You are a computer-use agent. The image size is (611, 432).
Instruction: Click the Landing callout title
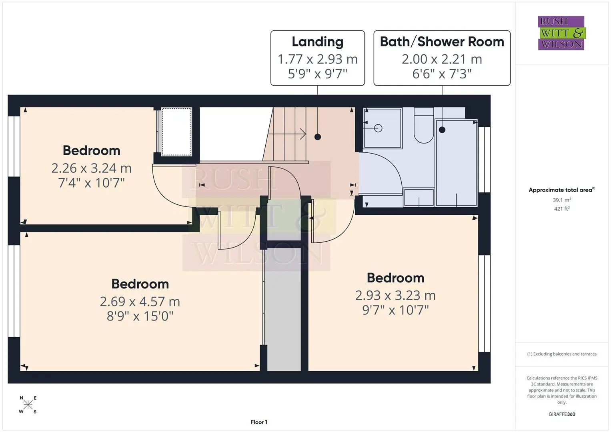317,42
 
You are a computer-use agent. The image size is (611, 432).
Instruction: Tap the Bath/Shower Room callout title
442,42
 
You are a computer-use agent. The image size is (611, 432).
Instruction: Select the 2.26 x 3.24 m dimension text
91,168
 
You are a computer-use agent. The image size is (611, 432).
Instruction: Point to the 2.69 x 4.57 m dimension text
140,301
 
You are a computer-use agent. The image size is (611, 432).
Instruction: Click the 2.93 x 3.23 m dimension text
395,295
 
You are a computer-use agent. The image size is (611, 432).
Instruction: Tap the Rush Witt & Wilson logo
561,33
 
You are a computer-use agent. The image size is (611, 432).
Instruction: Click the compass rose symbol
28,404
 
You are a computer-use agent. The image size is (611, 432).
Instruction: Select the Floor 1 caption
259,422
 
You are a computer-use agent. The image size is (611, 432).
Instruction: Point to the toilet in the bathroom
424,125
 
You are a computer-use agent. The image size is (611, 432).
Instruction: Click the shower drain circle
378,128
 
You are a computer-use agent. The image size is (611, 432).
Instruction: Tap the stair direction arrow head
303,134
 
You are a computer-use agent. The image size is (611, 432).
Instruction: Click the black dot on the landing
317,137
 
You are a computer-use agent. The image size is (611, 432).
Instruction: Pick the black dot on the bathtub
442,130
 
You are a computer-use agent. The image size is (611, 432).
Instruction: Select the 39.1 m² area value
562,200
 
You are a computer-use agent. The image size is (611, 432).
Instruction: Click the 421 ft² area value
562,209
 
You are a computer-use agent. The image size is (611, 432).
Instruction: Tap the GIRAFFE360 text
562,414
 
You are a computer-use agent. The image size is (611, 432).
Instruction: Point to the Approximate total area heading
562,190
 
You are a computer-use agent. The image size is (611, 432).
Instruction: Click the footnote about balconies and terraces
562,354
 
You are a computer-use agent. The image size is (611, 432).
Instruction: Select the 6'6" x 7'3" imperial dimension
442,74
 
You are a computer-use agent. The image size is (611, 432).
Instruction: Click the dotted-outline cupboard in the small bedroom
176,132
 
